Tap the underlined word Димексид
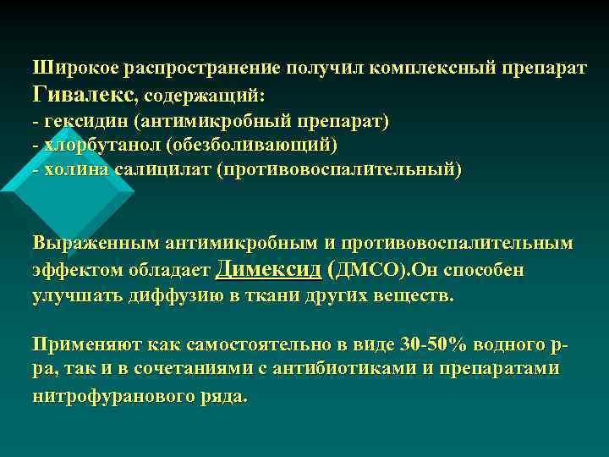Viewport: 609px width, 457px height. [269, 269]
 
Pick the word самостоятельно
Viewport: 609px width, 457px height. [239, 344]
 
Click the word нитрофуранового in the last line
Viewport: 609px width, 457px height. [113, 394]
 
